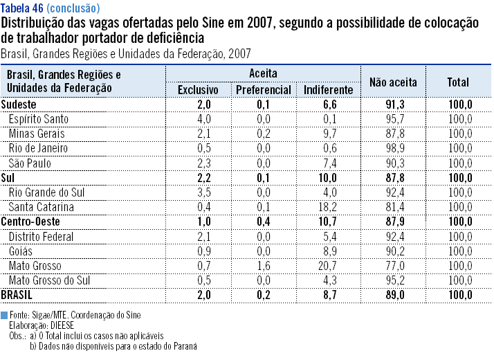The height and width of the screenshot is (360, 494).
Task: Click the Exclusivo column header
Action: point(198,90)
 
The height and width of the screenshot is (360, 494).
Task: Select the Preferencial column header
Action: point(263,90)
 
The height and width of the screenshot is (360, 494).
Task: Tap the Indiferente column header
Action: point(328,90)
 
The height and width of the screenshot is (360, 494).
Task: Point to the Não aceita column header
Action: point(393,82)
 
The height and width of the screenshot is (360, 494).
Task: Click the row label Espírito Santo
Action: point(38,119)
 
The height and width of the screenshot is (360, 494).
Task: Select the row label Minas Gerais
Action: point(37,134)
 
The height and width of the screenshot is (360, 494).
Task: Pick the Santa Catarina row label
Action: point(41,207)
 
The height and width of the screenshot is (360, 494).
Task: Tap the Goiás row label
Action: point(21,251)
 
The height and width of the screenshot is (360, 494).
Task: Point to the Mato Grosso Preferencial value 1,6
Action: point(263,266)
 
